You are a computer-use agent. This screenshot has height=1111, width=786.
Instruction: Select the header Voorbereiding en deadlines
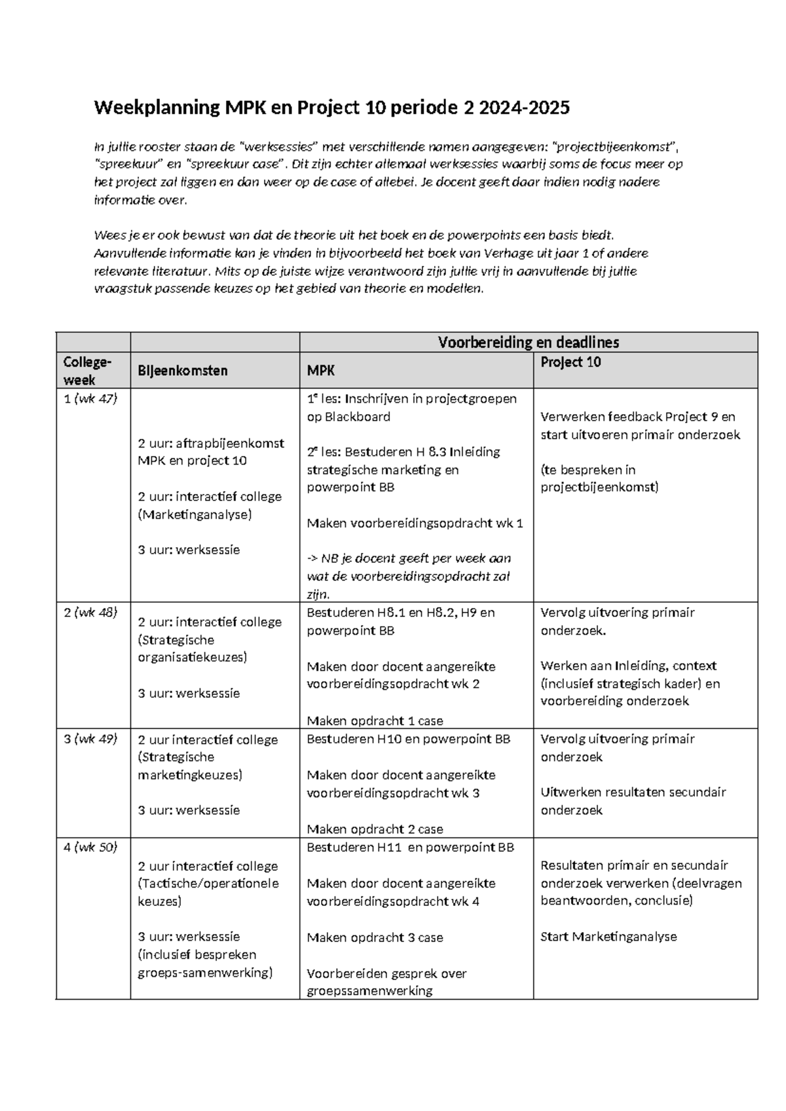528,342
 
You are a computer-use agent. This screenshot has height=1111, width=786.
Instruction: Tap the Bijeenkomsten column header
182,371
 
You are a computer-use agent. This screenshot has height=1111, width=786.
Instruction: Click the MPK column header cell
321,371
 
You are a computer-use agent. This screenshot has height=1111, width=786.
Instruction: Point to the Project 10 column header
571,362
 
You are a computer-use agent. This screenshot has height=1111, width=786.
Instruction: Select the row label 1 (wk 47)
90,398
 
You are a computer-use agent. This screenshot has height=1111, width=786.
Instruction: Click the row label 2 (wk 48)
90,612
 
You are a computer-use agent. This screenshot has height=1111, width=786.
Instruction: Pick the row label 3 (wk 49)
90,739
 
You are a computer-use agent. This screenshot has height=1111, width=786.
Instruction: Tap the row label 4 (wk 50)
90,847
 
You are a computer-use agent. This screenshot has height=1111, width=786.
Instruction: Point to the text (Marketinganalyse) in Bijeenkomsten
195,514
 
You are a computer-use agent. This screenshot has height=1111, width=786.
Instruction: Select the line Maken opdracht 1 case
375,721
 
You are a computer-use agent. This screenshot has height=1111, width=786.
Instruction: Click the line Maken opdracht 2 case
375,829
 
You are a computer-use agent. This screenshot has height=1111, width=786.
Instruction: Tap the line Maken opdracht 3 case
375,937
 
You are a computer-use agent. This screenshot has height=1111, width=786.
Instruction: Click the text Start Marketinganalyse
608,937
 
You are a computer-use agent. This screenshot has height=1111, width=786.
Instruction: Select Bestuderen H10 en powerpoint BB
408,739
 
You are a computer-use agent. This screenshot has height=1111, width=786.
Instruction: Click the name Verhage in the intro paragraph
508,254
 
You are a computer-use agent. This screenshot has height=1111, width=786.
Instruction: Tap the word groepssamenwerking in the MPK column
369,990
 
